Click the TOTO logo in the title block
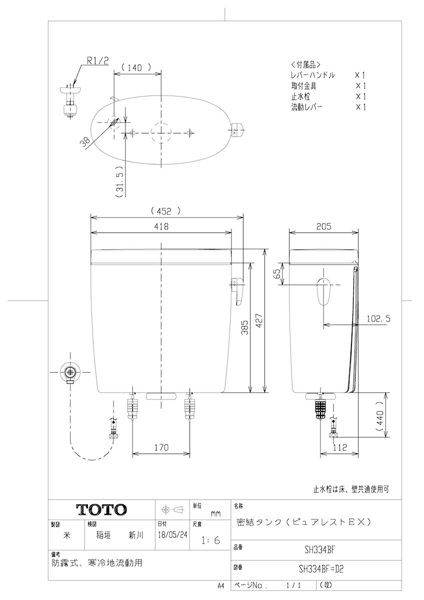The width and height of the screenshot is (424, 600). pos(101,509)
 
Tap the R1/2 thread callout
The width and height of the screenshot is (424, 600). pos(98,61)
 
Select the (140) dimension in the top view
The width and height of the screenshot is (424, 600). pos(136,67)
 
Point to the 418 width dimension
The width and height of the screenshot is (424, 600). pos(161,226)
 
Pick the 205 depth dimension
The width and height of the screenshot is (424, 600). pos(323,226)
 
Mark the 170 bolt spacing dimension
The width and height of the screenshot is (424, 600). pos(161,447)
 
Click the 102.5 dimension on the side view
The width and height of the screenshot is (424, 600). pos(378,319)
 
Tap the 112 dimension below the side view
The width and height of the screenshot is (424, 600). pos(339,447)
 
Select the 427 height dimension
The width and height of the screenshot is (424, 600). pos(259,320)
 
